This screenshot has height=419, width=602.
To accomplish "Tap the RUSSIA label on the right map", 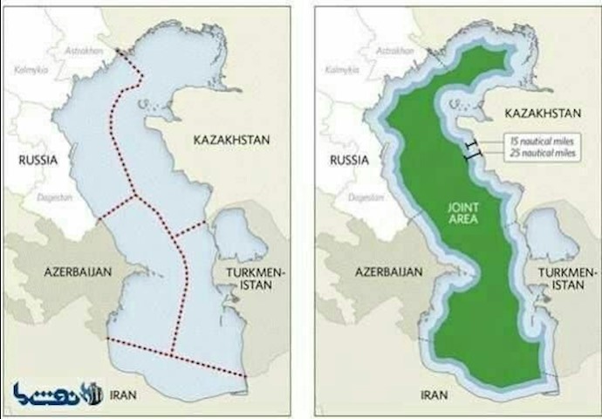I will [349, 160].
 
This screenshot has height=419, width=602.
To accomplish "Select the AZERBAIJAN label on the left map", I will [79, 271].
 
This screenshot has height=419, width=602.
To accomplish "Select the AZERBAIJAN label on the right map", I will [390, 271].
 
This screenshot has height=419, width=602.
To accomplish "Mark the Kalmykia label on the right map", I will [336, 68].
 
